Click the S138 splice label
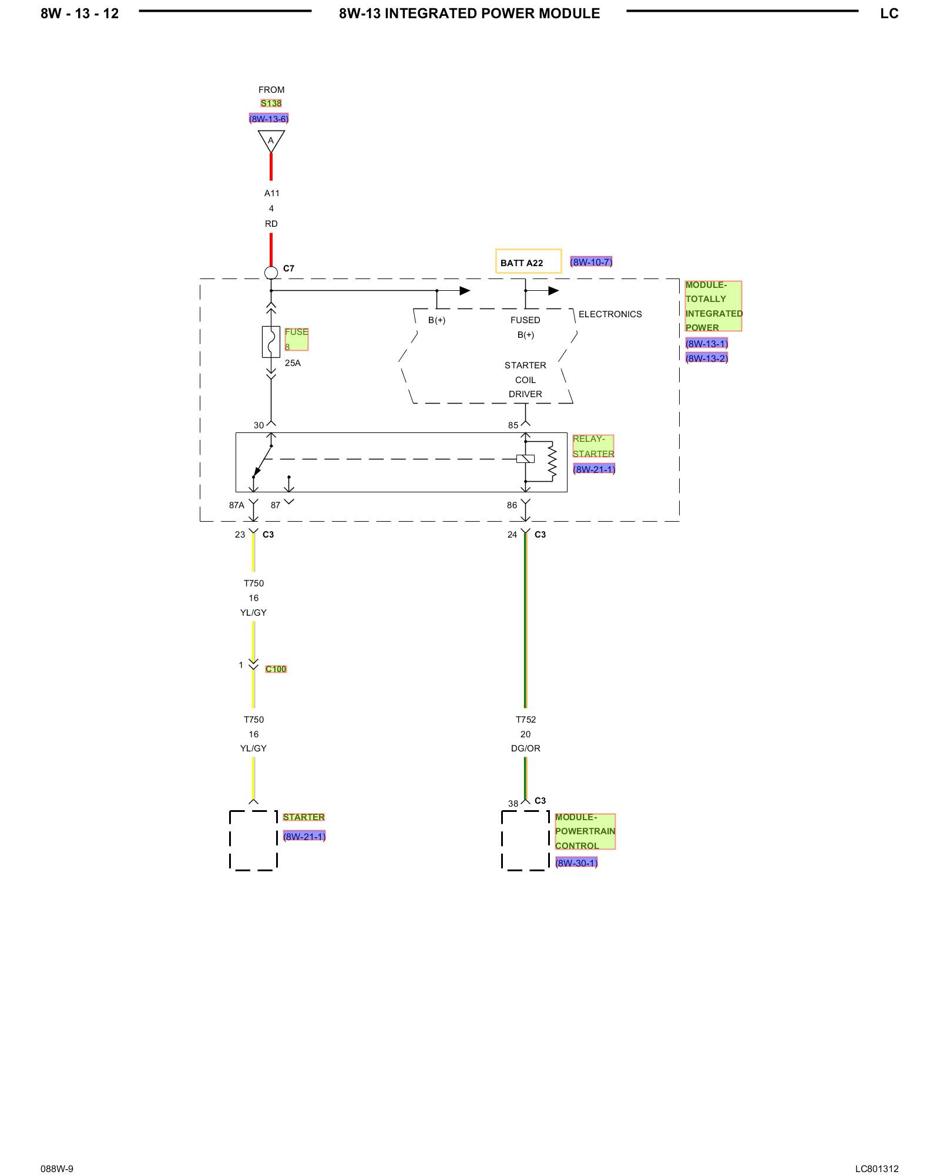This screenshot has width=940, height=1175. tap(271, 103)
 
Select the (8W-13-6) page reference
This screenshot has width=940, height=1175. tap(268, 119)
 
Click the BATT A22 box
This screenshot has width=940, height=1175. tap(528, 261)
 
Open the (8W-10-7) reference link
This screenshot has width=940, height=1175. tap(591, 262)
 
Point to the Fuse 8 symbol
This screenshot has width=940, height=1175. tap(271, 341)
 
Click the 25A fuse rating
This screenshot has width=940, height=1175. tap(293, 363)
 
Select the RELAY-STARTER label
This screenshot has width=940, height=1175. tap(593, 446)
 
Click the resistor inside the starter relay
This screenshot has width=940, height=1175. tap(552, 461)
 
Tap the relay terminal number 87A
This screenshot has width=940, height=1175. tap(236, 505)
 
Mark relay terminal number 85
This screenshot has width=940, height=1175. tap(513, 425)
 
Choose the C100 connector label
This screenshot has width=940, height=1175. tap(276, 669)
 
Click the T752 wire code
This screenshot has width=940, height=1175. tap(526, 720)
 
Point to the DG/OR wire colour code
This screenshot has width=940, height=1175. tap(526, 748)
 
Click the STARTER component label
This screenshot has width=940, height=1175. tap(304, 817)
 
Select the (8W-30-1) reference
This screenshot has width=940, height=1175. tap(576, 862)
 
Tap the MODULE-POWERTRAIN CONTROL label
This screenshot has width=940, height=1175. tap(585, 831)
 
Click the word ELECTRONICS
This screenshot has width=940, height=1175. tap(610, 314)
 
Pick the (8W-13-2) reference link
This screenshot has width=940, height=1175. tap(706, 358)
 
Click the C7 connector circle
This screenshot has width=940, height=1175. tap(271, 273)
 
